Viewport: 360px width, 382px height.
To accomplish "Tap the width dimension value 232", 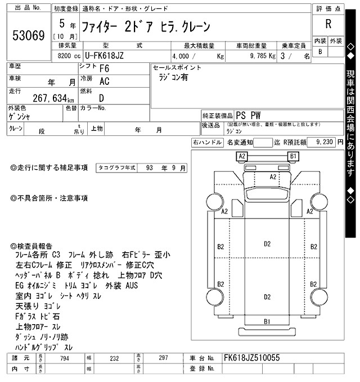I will tap(115, 357).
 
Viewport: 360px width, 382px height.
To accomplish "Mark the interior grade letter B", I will tap(321, 52).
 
